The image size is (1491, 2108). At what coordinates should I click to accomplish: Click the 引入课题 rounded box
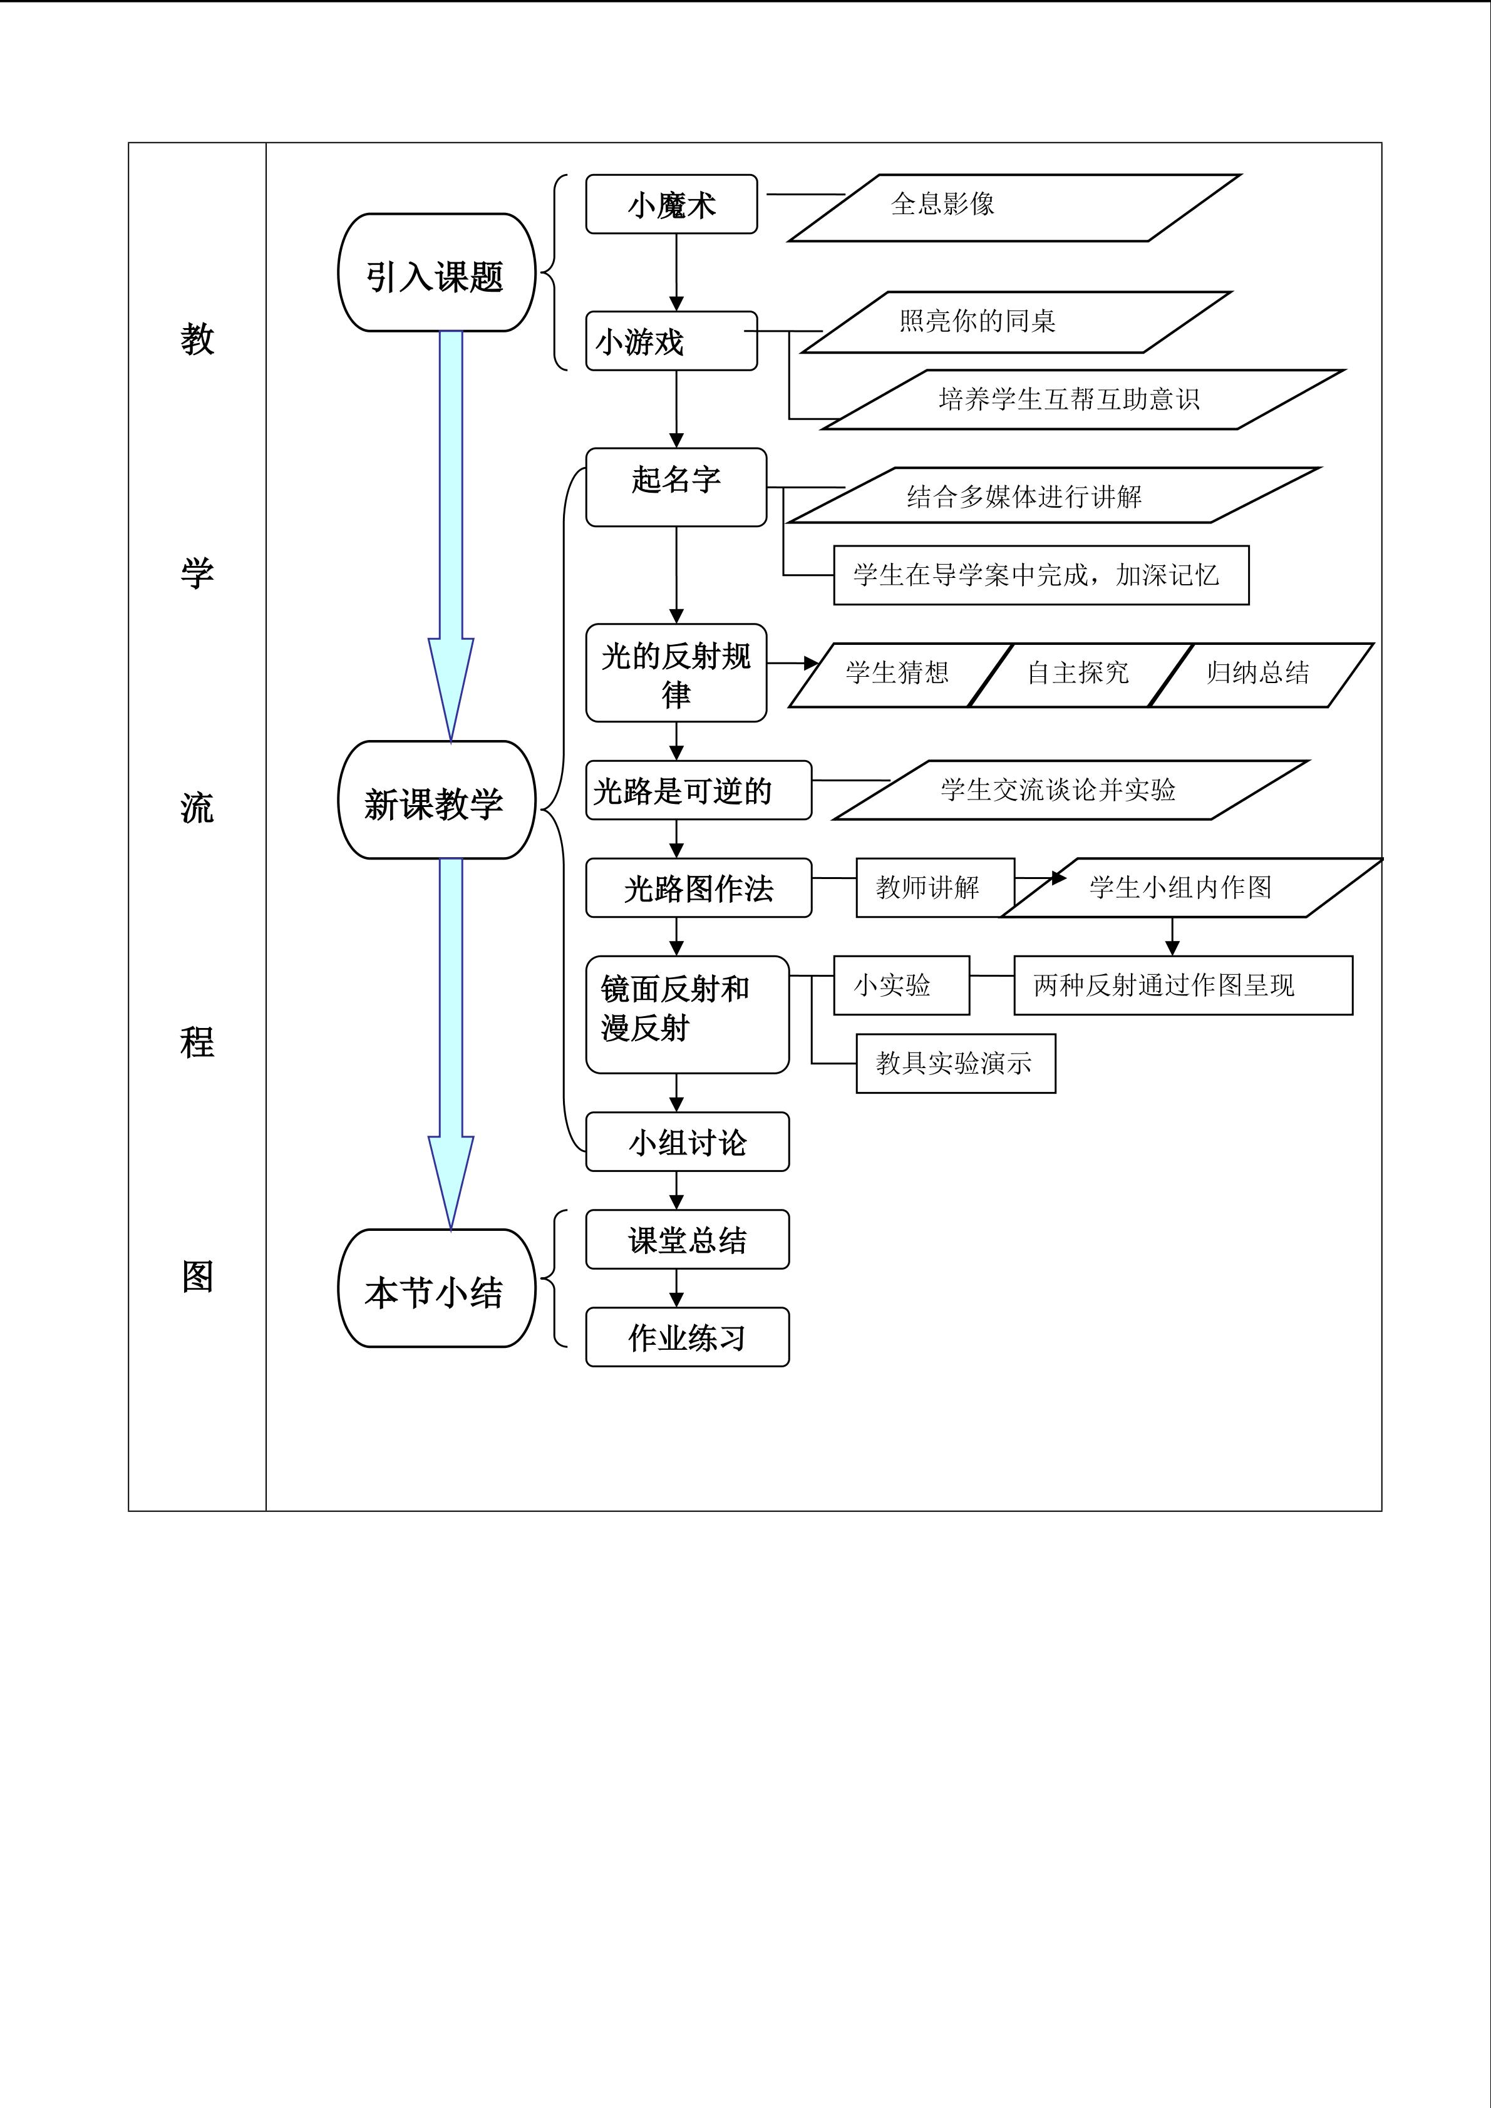coord(436,273)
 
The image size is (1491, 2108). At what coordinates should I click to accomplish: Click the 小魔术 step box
coord(671,204)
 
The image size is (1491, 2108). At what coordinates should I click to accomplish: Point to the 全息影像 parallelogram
coord(1014,207)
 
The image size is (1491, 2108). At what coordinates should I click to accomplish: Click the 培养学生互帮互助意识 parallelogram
coord(1083,399)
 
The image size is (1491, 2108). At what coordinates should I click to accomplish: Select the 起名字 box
coord(676,486)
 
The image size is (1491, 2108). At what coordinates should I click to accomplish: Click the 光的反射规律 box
coord(676,673)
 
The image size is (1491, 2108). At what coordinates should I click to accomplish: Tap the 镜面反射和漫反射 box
coord(687,1014)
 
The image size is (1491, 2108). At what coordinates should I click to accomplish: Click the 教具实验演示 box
coord(955,1063)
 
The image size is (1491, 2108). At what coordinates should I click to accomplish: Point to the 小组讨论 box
coord(687,1142)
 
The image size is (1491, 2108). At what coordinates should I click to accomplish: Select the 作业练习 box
coord(687,1337)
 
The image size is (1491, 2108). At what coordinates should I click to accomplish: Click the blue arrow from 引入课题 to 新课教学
coord(451,533)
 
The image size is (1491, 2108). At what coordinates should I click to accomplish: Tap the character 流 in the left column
coord(197,808)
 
